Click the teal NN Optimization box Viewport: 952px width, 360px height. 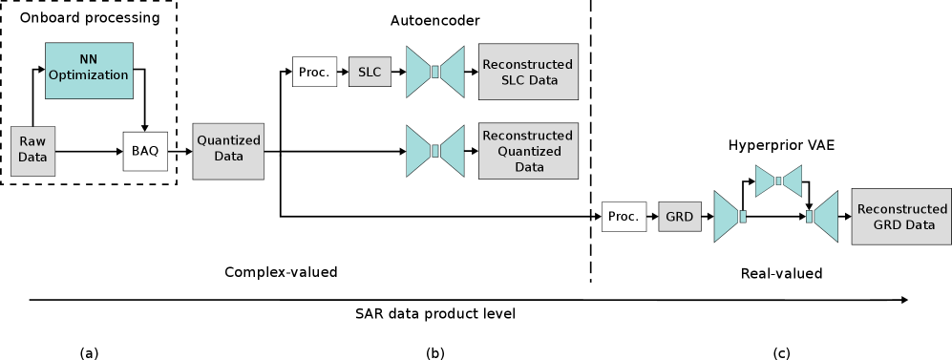click(x=89, y=71)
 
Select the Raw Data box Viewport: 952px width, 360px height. click(x=32, y=151)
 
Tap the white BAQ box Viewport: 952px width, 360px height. click(x=145, y=151)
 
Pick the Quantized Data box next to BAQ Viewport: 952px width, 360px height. click(x=228, y=151)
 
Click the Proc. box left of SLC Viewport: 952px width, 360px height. click(x=314, y=72)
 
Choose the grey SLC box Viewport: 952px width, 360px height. click(x=370, y=72)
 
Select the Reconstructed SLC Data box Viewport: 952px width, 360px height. click(x=528, y=72)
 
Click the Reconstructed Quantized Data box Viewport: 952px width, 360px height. click(x=528, y=151)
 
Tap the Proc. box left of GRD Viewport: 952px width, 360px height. click(x=624, y=217)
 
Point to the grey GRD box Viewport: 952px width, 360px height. click(x=679, y=217)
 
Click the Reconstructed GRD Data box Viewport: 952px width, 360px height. click(x=900, y=217)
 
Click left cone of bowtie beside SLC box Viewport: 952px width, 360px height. click(x=418, y=72)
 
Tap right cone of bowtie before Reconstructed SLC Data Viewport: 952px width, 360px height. click(x=452, y=72)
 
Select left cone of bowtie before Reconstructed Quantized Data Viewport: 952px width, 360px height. click(x=418, y=151)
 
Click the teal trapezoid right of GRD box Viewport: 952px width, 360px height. click(x=728, y=217)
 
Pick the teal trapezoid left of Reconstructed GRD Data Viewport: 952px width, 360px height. click(x=825, y=217)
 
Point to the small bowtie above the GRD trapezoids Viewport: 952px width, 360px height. click(x=778, y=180)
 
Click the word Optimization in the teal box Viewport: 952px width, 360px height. click(x=89, y=75)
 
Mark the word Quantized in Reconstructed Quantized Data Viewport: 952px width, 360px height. click(x=528, y=151)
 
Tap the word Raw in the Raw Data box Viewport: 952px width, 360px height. click(x=32, y=141)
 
